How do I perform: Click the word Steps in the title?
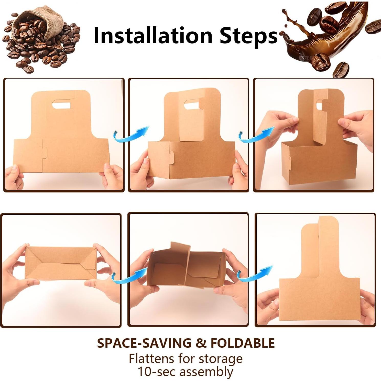tap(248, 36)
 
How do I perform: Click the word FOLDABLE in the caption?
tap(242, 343)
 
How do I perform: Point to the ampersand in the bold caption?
tap(201, 343)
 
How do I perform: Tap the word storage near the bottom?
tap(220, 359)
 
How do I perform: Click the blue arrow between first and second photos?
tap(131, 135)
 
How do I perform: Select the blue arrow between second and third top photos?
tap(256, 135)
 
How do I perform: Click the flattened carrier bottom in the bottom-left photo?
tap(61, 263)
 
